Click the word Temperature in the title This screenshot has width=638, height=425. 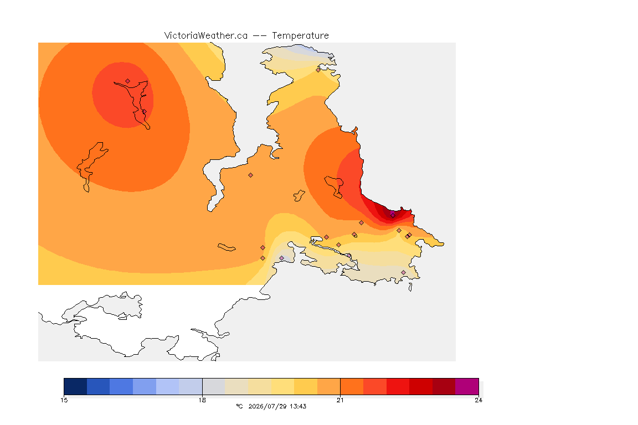[x=300, y=36]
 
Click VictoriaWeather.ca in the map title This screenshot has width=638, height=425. [x=206, y=35]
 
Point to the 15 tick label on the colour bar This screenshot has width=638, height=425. [x=64, y=400]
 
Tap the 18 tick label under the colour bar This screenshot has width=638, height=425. [x=202, y=400]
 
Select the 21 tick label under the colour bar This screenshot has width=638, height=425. [x=340, y=400]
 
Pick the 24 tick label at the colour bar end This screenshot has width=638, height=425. [x=478, y=400]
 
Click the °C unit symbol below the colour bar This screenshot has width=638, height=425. [x=240, y=406]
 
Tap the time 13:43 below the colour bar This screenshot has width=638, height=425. [x=299, y=406]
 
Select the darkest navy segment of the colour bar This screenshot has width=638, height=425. [x=75, y=386]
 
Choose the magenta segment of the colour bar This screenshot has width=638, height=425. [x=467, y=386]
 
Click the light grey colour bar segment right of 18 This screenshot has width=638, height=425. [x=214, y=386]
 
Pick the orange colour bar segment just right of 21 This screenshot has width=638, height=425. [x=352, y=386]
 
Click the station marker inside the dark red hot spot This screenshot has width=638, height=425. [x=393, y=215]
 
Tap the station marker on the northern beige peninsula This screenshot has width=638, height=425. [x=318, y=70]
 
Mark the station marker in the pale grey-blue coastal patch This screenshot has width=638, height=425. [x=281, y=258]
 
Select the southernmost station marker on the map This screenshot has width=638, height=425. [x=403, y=272]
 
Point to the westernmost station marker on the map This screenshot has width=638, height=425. [x=128, y=81]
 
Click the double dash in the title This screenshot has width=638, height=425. [x=260, y=36]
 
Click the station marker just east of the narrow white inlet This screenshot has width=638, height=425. [x=251, y=175]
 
